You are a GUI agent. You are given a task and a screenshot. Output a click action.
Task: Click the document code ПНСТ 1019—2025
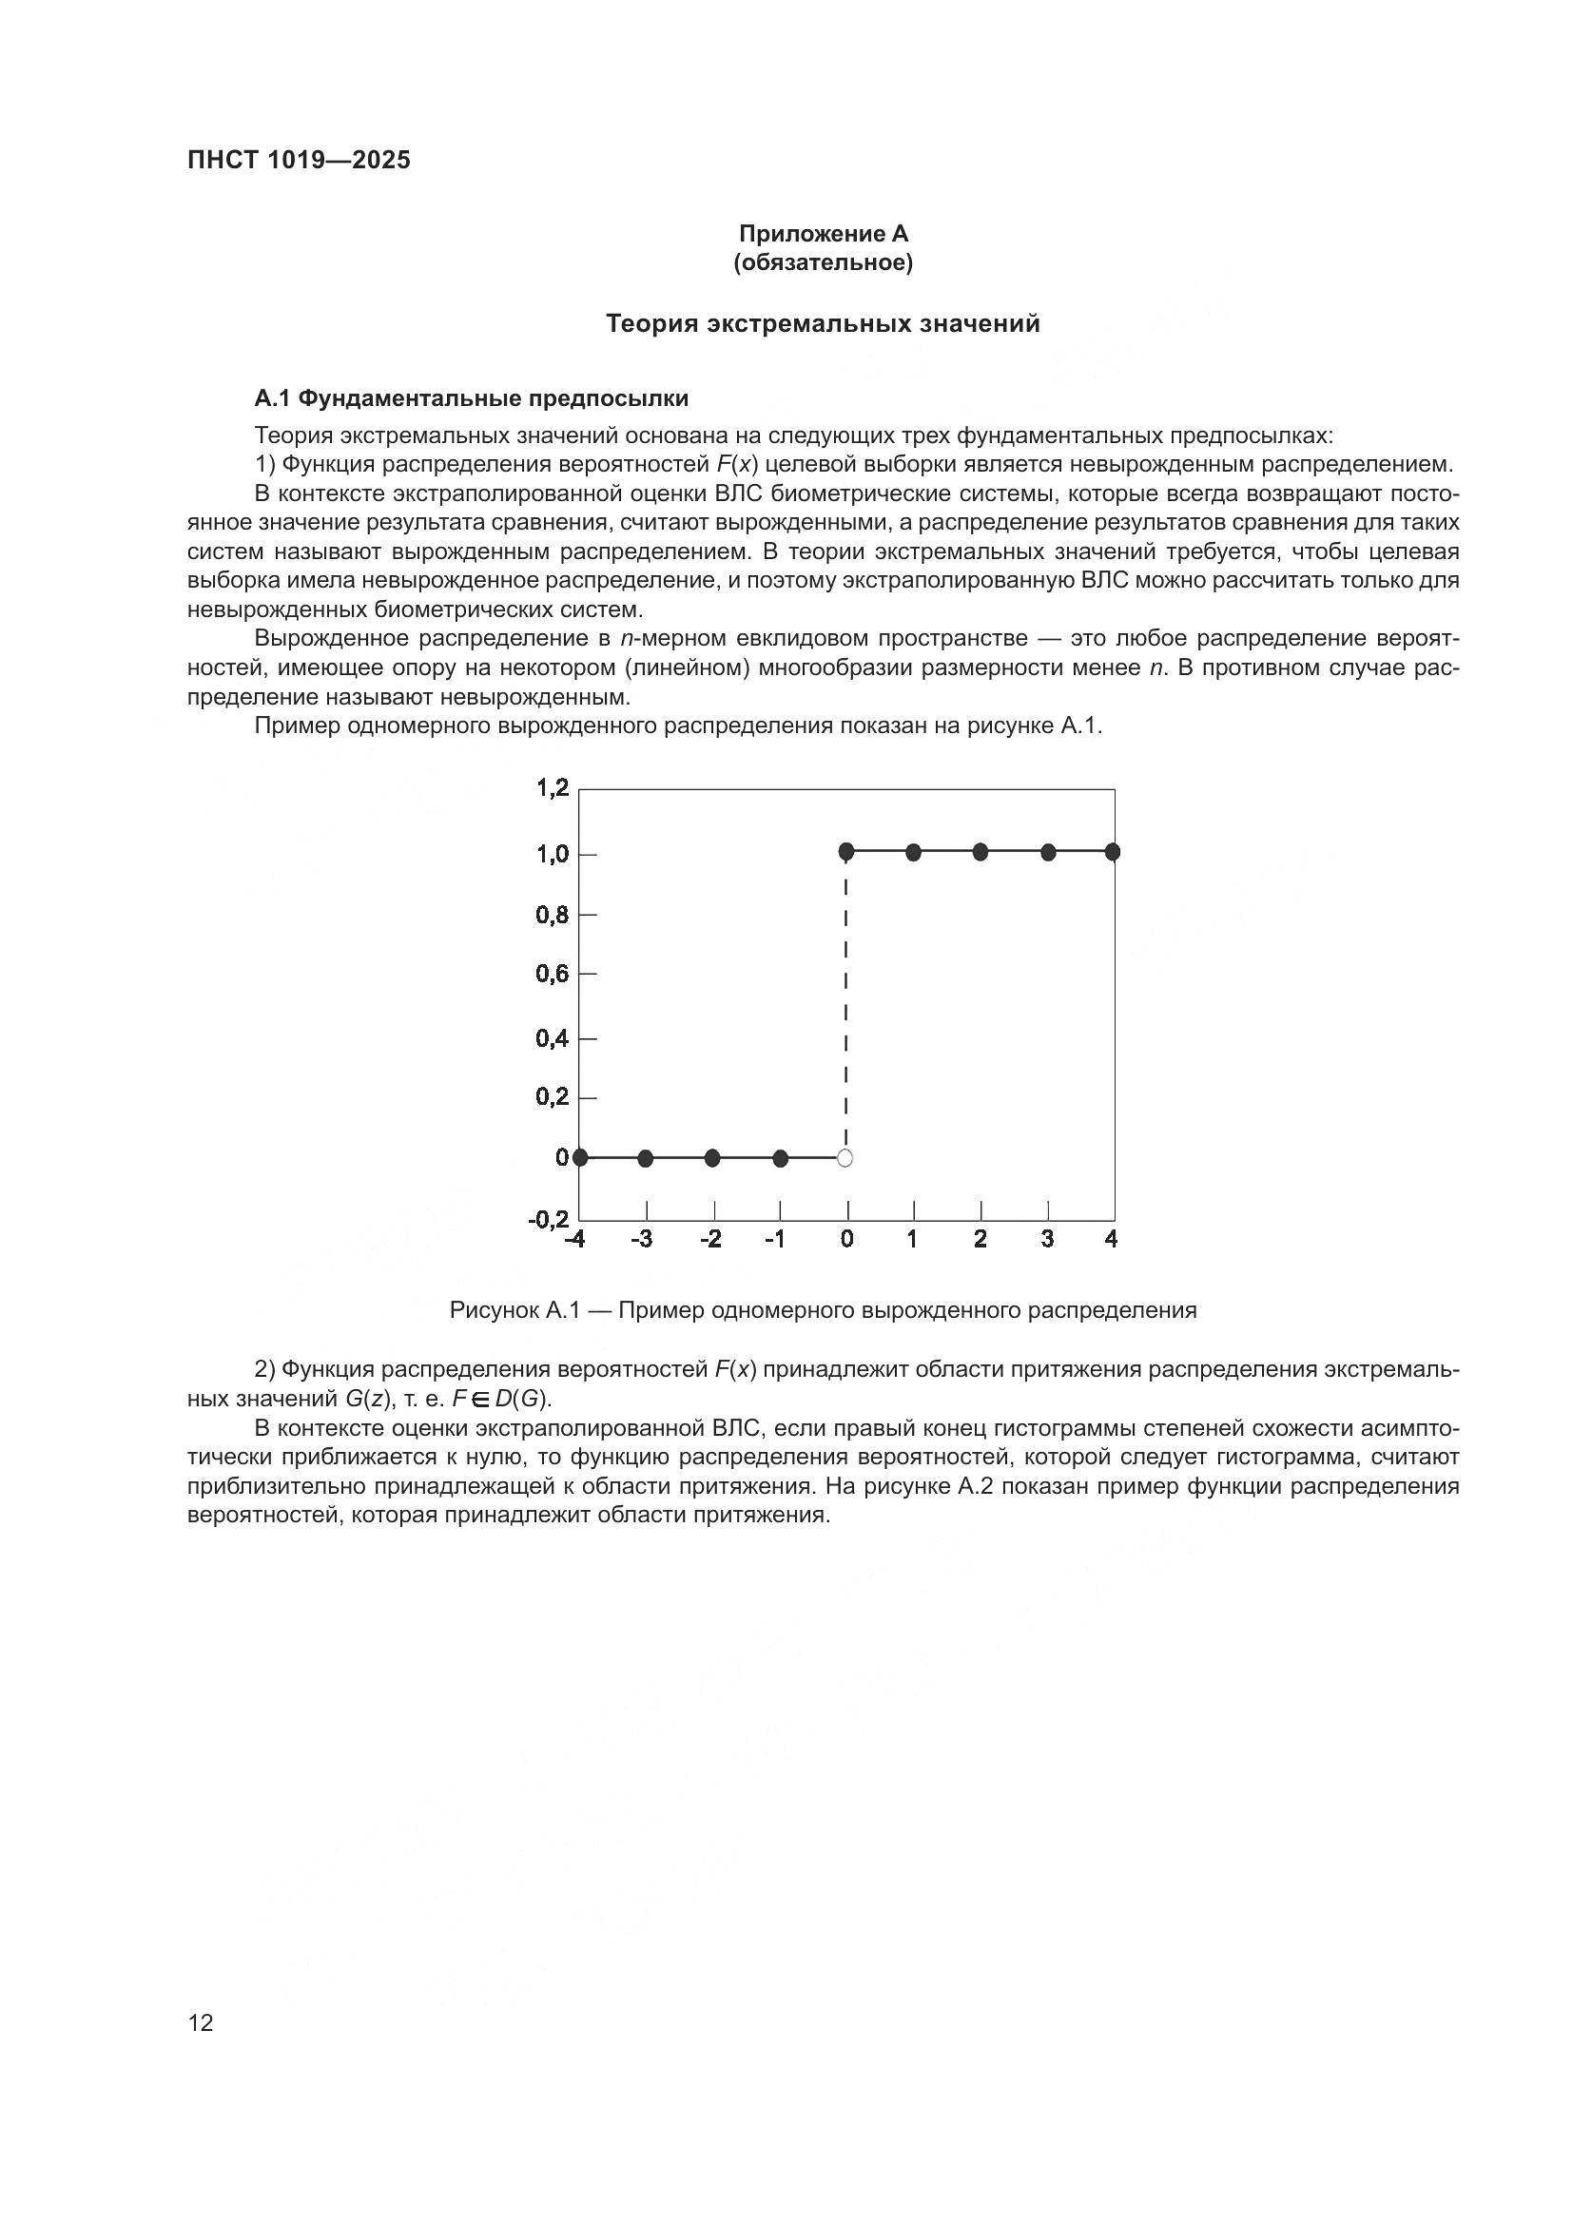299,161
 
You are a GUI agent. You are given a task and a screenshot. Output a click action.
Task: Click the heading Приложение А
824,234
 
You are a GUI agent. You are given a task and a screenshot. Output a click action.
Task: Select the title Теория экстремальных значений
823,323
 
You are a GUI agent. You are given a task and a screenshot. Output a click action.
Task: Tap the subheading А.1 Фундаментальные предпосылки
471,398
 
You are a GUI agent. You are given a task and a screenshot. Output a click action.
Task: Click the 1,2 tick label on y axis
553,788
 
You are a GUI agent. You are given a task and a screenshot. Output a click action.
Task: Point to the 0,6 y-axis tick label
553,974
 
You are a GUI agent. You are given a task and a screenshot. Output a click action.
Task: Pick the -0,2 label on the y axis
549,1219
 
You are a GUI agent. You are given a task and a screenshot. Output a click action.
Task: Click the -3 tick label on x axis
642,1239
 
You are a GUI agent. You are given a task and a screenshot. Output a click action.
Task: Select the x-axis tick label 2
981,1239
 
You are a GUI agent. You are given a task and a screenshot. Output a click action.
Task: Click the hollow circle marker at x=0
845,1158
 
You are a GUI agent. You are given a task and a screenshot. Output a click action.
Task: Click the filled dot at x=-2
713,1157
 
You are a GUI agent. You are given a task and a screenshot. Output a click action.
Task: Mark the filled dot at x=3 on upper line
1048,852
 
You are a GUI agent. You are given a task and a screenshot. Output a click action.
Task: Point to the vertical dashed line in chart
846,1007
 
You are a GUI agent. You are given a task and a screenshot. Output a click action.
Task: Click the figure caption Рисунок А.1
823,1310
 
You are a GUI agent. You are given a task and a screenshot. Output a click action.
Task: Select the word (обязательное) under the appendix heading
824,262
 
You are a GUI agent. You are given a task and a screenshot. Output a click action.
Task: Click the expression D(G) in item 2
522,1399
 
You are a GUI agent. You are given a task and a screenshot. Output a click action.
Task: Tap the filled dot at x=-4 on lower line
580,1157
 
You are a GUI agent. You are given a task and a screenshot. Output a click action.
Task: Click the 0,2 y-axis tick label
553,1096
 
